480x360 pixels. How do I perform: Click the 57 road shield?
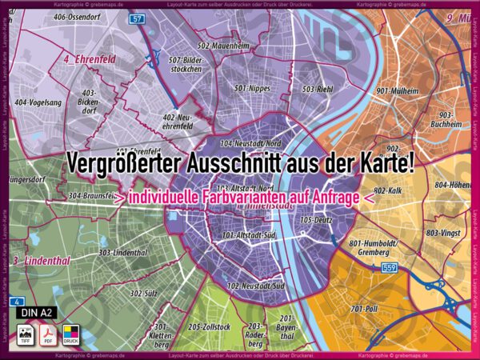coord(138,18)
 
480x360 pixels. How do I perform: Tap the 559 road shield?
coord(389,267)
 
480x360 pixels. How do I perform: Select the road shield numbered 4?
coord(16,302)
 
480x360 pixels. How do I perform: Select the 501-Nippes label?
coord(253,87)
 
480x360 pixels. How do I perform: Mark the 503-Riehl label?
coord(317,89)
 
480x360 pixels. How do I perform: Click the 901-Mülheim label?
coord(398,91)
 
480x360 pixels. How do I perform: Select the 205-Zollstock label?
coord(210,327)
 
